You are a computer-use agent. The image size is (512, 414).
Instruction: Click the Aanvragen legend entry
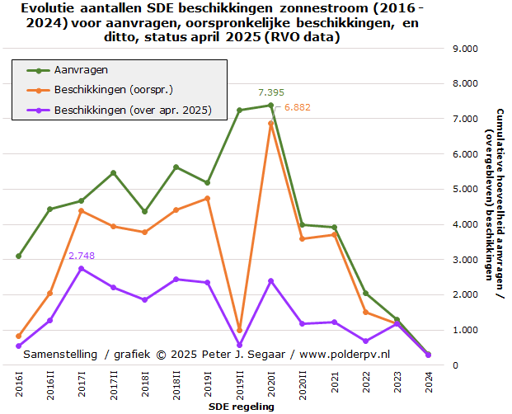click(x=81, y=69)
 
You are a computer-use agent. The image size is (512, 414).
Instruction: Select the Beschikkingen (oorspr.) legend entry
click(x=113, y=89)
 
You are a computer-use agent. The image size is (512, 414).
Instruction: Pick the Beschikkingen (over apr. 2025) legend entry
click(x=132, y=110)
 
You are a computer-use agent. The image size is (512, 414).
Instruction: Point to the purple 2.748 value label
click(x=82, y=256)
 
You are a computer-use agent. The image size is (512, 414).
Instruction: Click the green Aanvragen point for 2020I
click(x=270, y=105)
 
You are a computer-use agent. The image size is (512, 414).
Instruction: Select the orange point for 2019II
click(x=239, y=330)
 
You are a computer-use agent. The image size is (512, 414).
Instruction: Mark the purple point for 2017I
click(x=82, y=268)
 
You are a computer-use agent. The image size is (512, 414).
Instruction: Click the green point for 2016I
click(x=18, y=256)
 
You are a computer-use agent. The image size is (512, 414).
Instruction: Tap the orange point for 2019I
click(x=208, y=198)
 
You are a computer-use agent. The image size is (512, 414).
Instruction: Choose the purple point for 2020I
click(x=270, y=280)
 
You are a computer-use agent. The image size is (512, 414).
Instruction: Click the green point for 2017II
click(x=113, y=172)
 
